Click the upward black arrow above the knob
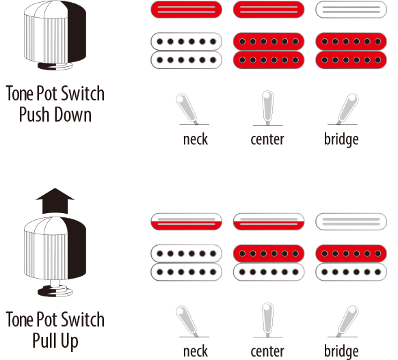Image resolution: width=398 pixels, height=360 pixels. click(55, 201)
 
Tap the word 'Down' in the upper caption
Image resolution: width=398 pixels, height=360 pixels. click(73, 115)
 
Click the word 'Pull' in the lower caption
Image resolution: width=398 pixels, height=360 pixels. click(44, 340)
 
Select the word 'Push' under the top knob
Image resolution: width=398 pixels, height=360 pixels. click(34, 115)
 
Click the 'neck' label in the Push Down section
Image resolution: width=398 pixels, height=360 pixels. click(196, 139)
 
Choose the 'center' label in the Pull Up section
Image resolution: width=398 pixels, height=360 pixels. click(267, 351)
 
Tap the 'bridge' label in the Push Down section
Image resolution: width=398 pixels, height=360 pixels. click(341, 139)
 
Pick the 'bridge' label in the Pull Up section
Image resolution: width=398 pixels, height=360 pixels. click(341, 351)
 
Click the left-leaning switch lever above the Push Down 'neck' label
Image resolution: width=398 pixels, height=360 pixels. click(187, 109)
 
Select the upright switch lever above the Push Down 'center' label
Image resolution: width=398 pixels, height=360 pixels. click(268, 107)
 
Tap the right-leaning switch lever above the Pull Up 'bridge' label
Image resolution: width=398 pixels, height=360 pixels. click(348, 320)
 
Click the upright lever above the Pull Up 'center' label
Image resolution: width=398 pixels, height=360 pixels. click(268, 319)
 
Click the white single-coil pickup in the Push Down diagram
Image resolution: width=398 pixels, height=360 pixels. click(351, 10)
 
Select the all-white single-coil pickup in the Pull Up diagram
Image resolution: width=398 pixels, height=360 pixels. click(351, 221)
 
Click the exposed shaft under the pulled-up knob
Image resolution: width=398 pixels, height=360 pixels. click(55, 283)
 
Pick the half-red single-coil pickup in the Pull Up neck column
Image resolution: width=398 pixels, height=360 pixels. click(186, 221)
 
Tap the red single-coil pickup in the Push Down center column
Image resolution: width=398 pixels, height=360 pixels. click(269, 10)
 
